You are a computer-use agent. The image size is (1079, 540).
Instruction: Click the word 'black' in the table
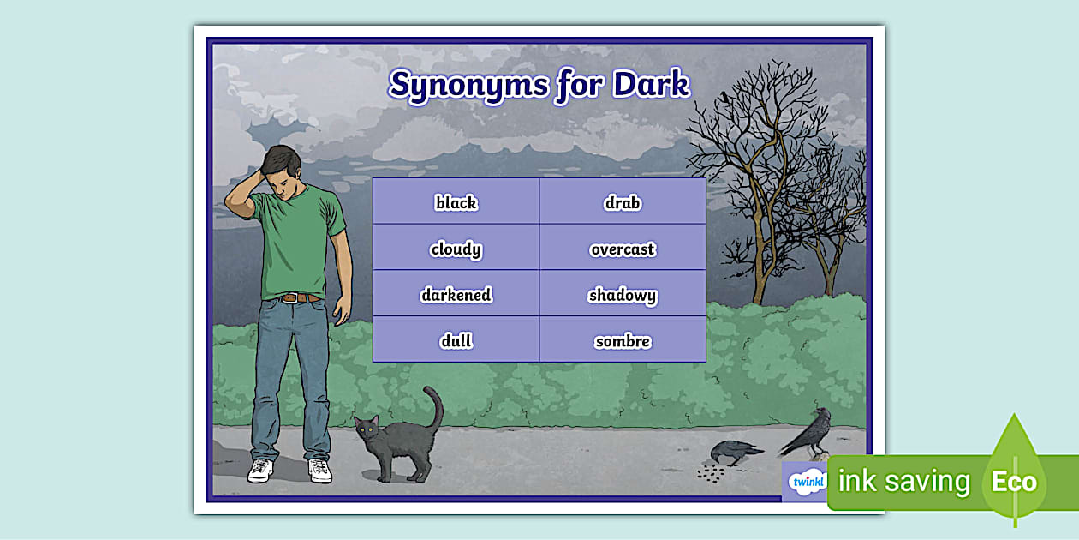tap(456, 203)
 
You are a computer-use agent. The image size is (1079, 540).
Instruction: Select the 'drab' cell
tap(623, 203)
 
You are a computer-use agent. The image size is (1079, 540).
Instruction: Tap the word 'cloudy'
tap(456, 249)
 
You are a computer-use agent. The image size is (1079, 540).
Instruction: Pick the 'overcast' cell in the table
tap(623, 249)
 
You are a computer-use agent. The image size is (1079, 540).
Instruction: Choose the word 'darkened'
tap(456, 295)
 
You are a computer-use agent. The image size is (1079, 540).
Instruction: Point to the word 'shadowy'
tap(623, 296)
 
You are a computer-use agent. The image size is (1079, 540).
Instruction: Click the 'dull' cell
tap(456, 341)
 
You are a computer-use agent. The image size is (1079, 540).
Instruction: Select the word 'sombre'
tap(623, 341)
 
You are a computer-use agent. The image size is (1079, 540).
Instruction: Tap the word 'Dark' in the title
tap(652, 84)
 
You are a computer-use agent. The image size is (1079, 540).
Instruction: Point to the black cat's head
tap(369, 429)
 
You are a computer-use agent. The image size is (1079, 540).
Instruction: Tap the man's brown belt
tap(300, 297)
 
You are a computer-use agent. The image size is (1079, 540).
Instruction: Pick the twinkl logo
tap(805, 481)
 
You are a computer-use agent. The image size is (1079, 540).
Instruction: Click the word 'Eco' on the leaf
tap(1014, 482)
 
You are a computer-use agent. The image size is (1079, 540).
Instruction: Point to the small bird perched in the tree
tap(725, 97)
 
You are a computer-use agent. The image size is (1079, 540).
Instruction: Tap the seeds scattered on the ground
tap(711, 472)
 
